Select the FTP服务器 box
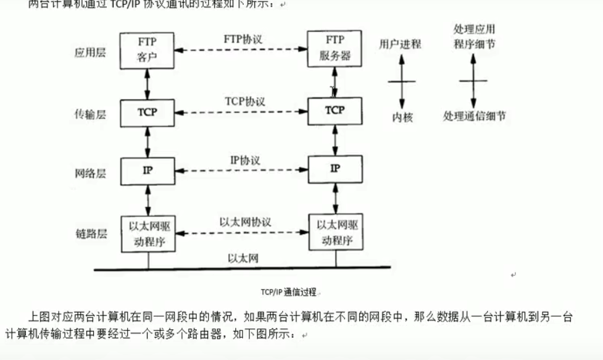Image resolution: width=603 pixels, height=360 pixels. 335,49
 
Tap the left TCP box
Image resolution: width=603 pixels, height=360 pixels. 147,112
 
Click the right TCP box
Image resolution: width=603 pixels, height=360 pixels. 335,111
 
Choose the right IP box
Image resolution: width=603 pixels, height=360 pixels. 335,169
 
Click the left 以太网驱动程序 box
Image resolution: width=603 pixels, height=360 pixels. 147,233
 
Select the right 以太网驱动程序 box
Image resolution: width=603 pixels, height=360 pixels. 335,232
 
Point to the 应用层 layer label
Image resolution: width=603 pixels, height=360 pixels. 90,52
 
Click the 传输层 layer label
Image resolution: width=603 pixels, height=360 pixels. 90,113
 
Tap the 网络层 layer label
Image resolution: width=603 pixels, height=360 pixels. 90,174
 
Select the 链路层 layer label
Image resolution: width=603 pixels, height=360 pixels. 90,233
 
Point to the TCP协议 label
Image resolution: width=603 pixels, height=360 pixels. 244,101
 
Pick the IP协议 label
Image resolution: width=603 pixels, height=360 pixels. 245,160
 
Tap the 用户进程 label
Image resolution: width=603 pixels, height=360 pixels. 400,44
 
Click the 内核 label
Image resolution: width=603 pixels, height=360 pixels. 402,117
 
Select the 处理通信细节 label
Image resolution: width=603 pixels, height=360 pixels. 474,115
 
